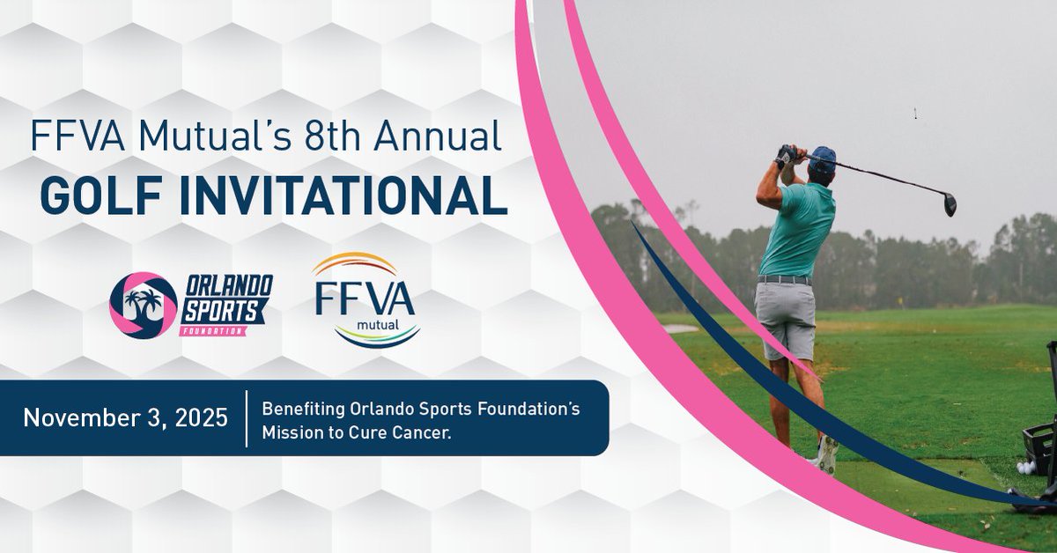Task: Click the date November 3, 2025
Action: (125, 417)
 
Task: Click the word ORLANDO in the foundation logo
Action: (225, 287)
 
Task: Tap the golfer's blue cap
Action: (822, 159)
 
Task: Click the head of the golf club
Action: (949, 205)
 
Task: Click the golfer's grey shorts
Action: (787, 316)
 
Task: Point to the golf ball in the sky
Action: (917, 112)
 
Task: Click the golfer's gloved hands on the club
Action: (786, 156)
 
